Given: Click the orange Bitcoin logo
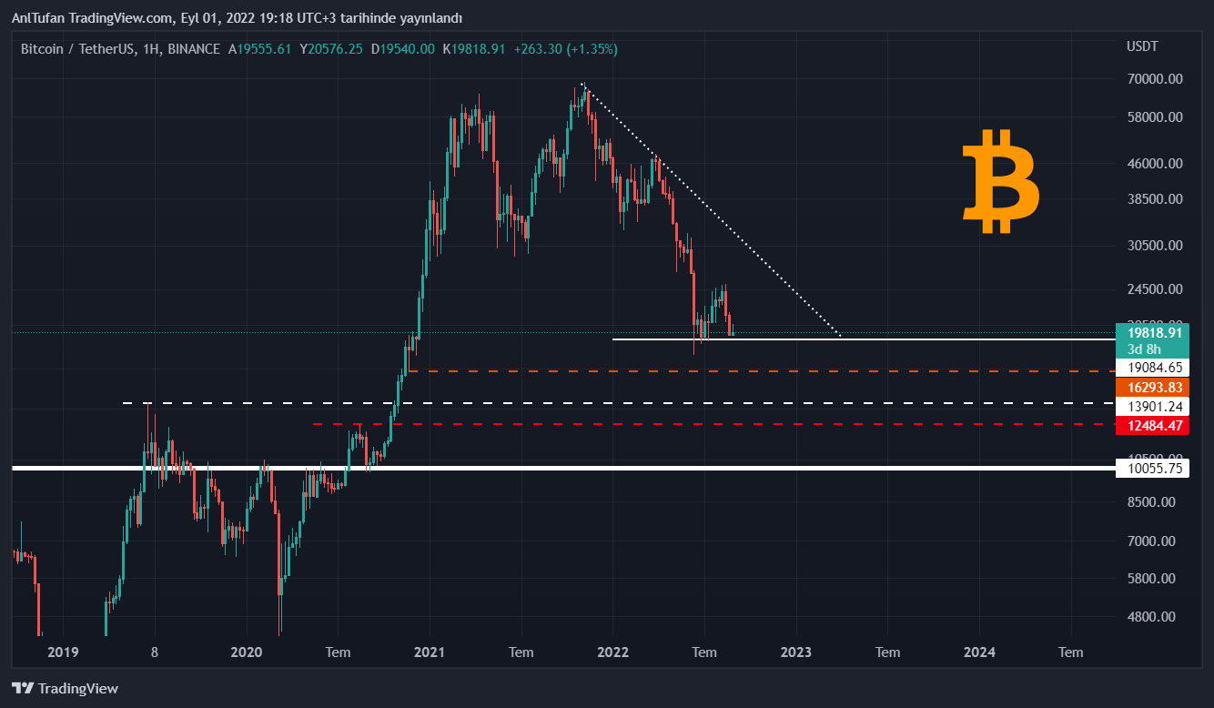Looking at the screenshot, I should click(1000, 181).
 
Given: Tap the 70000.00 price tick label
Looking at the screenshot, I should click(1155, 79).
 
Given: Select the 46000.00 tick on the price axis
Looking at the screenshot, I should click(1155, 164).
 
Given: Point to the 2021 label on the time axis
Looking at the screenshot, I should click(429, 652).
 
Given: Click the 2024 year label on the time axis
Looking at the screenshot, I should click(979, 652).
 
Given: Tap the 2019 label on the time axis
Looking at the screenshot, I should click(63, 652).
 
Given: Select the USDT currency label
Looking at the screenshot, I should click(1142, 46).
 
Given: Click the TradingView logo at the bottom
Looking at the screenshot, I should click(65, 689).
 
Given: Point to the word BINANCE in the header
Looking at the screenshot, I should click(194, 49).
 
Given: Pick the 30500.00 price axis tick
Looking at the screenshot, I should click(1155, 246).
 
